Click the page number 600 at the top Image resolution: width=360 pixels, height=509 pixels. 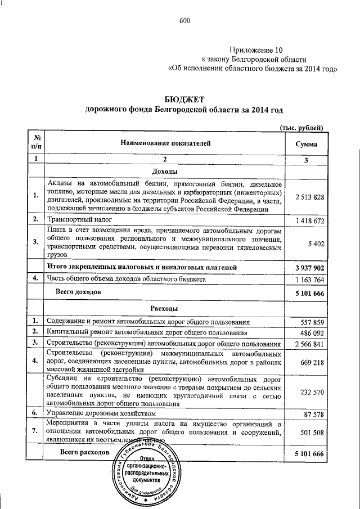click(x=184, y=21)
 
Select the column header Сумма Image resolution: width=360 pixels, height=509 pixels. click(x=306, y=144)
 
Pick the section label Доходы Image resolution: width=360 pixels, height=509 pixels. click(x=165, y=171)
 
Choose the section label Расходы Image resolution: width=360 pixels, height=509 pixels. click(x=165, y=309)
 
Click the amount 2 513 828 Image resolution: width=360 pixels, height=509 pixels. click(x=309, y=196)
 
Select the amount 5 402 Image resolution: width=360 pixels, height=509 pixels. click(x=315, y=242)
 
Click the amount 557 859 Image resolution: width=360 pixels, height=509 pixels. click(x=311, y=322)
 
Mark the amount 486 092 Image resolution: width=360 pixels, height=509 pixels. click(x=311, y=333)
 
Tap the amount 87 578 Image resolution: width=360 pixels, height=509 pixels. click(x=313, y=414)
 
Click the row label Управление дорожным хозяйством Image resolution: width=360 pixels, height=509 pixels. click(x=100, y=413)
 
